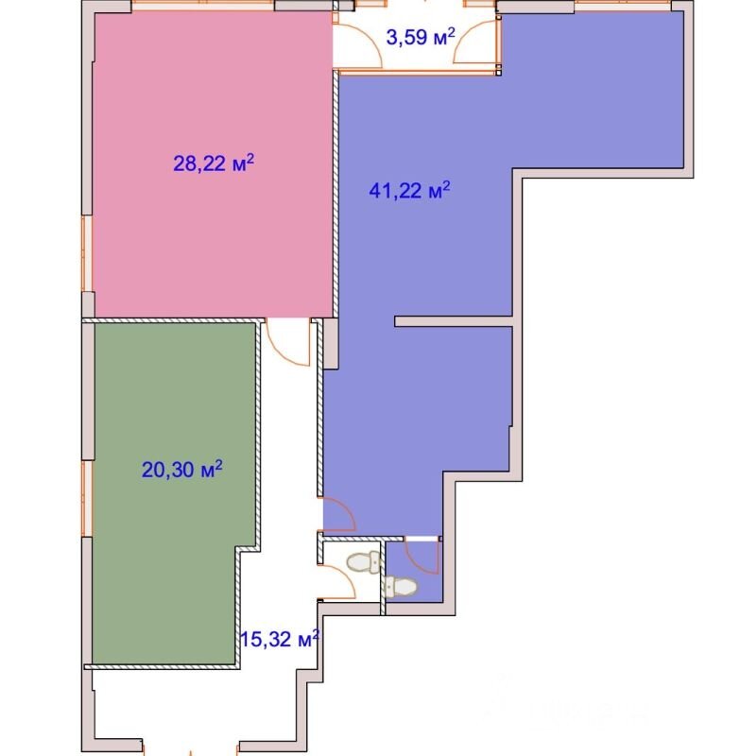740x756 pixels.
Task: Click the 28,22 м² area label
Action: (214, 163)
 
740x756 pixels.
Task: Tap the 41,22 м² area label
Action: (409, 191)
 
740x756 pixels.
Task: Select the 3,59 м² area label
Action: (421, 37)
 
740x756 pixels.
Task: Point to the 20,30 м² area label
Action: (182, 469)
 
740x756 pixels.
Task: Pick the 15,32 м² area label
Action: (280, 640)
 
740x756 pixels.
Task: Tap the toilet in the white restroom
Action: (364, 562)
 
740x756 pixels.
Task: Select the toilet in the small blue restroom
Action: (401, 587)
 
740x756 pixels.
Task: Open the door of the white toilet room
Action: (337, 582)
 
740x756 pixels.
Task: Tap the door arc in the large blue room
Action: (339, 514)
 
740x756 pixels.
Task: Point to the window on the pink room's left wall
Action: (87, 253)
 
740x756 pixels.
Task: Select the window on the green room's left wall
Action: (87, 499)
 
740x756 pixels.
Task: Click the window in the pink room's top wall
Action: (203, 5)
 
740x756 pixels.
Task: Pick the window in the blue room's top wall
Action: (623, 6)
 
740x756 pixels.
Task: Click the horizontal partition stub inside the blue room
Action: (453, 321)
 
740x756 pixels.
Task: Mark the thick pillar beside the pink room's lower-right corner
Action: (331, 344)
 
